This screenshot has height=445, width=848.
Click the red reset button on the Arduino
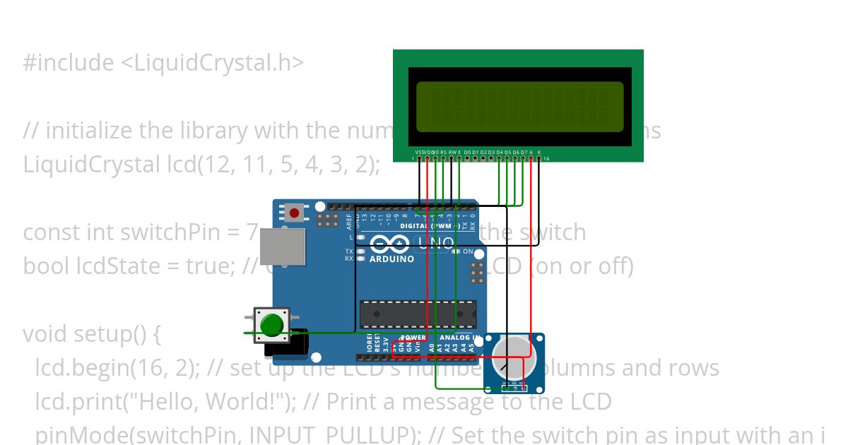tap(294, 212)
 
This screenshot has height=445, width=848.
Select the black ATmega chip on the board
tap(418, 314)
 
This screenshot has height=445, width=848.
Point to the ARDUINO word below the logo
tap(391, 259)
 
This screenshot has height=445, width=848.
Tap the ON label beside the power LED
tap(468, 251)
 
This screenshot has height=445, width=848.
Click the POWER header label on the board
tap(413, 338)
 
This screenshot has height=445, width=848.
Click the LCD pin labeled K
tap(539, 158)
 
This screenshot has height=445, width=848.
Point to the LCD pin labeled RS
tap(443, 158)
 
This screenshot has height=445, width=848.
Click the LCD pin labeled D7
tap(524, 158)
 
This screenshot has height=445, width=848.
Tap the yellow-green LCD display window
tap(519, 107)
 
